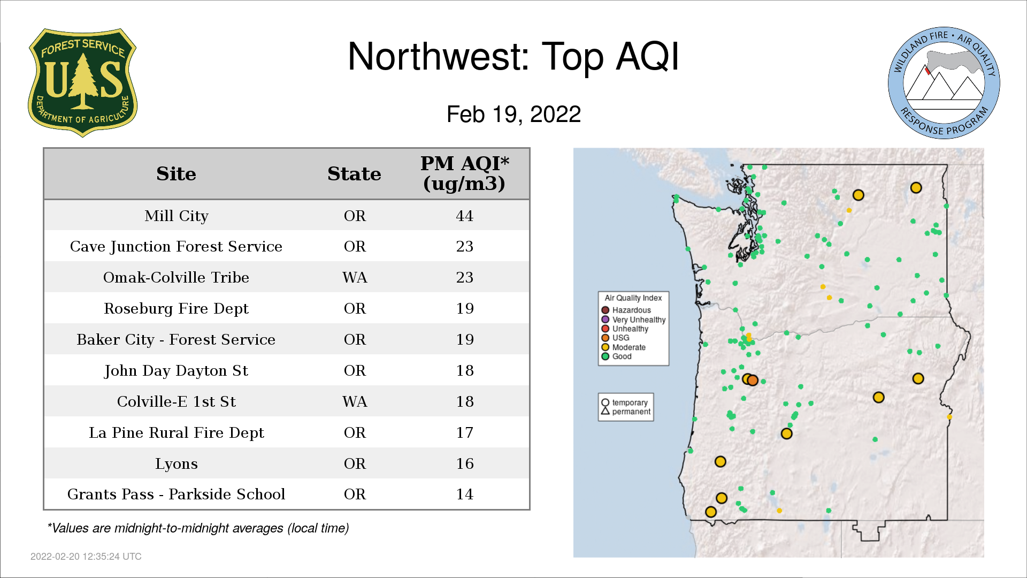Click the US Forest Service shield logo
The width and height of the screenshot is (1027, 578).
[82, 83]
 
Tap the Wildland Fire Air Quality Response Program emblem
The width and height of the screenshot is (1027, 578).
[944, 83]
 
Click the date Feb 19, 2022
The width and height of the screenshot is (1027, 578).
[513, 114]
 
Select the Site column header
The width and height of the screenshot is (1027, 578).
[176, 174]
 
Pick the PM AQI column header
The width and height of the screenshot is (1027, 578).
[464, 173]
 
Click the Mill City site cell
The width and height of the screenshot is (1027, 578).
[176, 216]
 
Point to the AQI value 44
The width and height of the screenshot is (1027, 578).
[464, 216]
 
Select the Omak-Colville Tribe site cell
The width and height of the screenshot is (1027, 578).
[176, 277]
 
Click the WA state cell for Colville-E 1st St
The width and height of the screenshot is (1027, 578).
[355, 401]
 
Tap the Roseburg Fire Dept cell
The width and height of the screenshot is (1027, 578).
[176, 309]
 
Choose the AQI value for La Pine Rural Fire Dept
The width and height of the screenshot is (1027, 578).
[464, 432]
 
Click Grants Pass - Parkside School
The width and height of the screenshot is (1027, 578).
[176, 494]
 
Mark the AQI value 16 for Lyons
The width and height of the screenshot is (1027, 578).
[464, 463]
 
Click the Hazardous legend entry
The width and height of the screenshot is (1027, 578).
[626, 310]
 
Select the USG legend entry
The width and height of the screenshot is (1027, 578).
[615, 338]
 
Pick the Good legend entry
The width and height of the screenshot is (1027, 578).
[616, 356]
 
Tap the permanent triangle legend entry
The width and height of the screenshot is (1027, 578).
[625, 412]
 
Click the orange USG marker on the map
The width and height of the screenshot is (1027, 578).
[753, 381]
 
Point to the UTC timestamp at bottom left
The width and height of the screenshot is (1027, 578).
[86, 557]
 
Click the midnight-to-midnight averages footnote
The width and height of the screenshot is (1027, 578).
[198, 528]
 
